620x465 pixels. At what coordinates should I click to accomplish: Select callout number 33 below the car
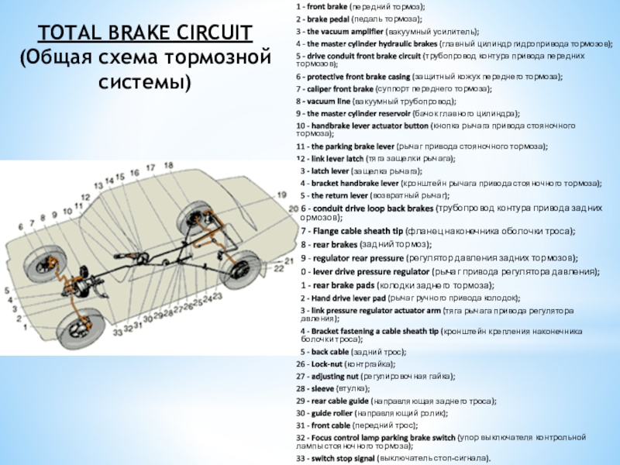[x=117, y=332]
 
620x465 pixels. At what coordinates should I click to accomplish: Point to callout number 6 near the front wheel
[x=32, y=229]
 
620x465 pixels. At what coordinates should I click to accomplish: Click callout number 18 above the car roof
[x=157, y=170]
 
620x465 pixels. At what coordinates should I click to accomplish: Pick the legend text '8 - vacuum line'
[x=325, y=102]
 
